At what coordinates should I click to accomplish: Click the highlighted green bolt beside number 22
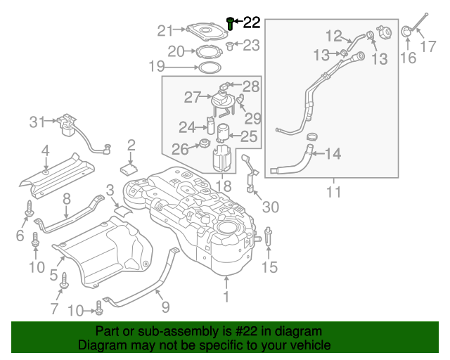(x=231, y=24)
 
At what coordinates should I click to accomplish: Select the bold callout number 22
(x=251, y=23)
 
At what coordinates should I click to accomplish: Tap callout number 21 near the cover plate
(x=165, y=30)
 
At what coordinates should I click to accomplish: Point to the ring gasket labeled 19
(x=207, y=67)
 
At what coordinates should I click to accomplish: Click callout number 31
(x=37, y=122)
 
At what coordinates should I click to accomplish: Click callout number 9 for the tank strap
(x=165, y=307)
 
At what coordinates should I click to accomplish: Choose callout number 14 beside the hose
(x=333, y=153)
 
